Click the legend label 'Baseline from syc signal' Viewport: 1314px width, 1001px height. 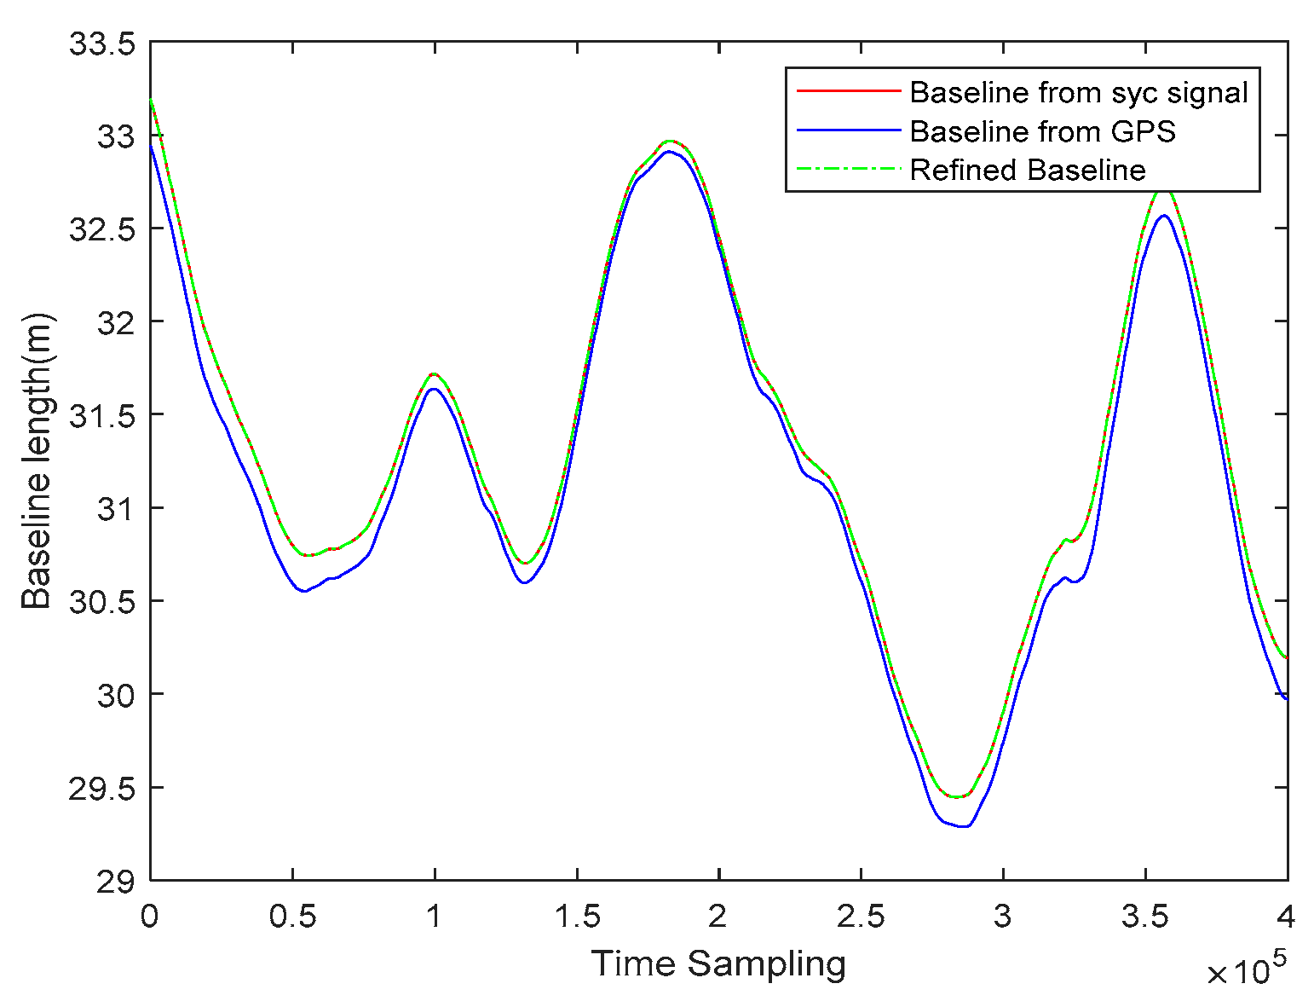[1078, 92]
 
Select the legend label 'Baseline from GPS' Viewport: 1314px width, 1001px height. [1042, 131]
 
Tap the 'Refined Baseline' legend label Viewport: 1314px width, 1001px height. [1027, 170]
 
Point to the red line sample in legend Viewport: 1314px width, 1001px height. [848, 91]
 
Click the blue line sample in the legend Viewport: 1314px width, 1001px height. [848, 130]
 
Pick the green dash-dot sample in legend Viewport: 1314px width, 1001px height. [848, 169]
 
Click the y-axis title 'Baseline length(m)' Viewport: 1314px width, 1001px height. [37, 461]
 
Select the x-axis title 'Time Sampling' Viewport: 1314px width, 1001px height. [718, 963]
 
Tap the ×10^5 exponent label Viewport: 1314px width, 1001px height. [1245, 969]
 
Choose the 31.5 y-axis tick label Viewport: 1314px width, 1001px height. [102, 415]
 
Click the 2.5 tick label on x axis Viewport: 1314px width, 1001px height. [861, 917]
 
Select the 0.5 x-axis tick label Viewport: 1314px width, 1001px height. [292, 917]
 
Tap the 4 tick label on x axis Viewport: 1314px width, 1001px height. [1286, 917]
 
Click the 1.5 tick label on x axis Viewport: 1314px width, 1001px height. [577, 917]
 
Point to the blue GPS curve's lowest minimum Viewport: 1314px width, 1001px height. [964, 826]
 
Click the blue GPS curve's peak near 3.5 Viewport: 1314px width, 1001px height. [1163, 216]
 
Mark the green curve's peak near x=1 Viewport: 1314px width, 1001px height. [434, 373]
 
